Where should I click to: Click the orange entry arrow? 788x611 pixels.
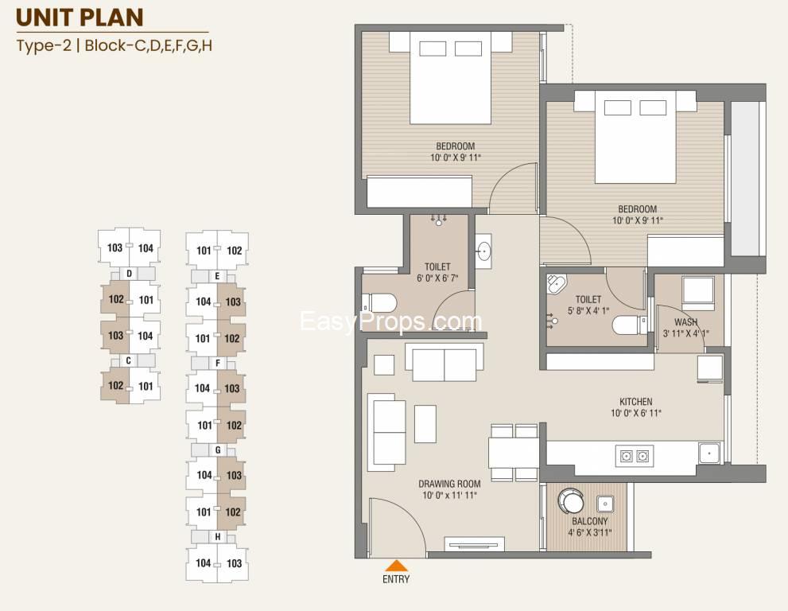coord(397,566)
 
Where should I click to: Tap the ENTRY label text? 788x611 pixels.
coord(396,579)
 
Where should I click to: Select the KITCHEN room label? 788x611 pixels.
coord(635,402)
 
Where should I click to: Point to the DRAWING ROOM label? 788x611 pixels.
coord(449,484)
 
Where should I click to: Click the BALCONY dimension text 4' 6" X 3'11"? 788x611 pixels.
coord(589,532)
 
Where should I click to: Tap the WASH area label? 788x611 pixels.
coord(685,322)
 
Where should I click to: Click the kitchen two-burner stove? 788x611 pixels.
coord(635,456)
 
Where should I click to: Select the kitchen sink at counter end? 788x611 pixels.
coord(709,453)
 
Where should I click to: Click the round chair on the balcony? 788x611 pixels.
coord(571,501)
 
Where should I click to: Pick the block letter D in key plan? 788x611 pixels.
coord(129,274)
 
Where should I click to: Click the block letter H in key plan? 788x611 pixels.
coord(218,536)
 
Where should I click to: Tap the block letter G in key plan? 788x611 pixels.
coord(218,449)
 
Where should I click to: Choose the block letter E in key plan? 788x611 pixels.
coord(217,276)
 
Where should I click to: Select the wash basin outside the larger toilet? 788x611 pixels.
coord(483,251)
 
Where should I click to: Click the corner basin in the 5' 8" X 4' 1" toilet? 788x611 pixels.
coord(557,284)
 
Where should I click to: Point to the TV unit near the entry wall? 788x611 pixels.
coord(475,545)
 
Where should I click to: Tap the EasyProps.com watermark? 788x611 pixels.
coord(391,322)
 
